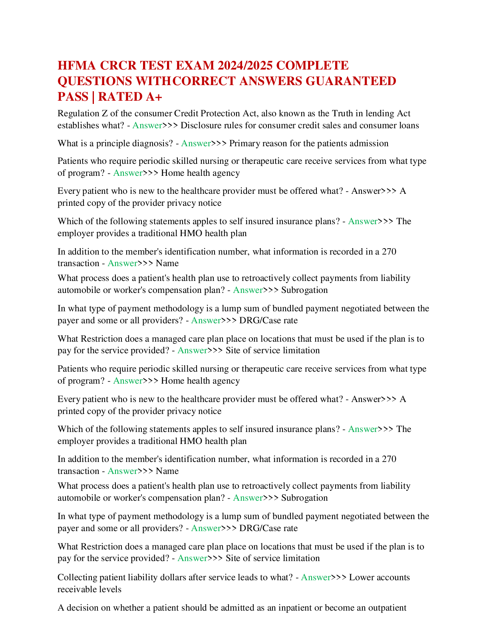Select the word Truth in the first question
point(342,113)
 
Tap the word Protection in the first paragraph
point(215,113)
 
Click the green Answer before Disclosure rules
point(147,125)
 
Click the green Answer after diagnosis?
point(196,143)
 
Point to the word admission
point(369,143)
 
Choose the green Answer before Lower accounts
point(316,577)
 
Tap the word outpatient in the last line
point(387,608)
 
